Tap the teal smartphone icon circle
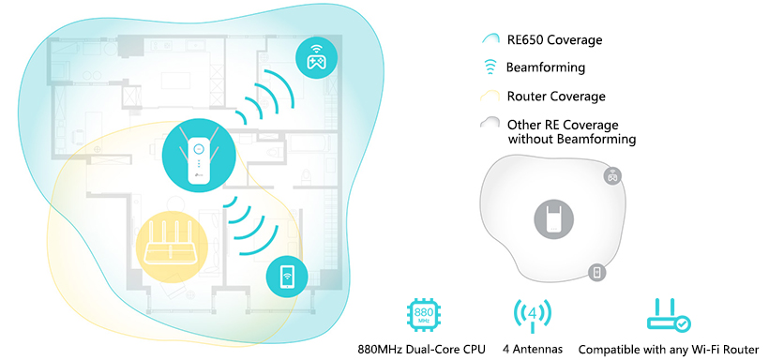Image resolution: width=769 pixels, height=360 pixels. (287, 277)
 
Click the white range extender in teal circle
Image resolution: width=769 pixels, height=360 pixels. (199, 156)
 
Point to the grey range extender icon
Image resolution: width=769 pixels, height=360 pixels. (553, 219)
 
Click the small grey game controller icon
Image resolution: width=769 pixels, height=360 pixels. (612, 175)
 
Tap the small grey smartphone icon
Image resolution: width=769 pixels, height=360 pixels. (596, 272)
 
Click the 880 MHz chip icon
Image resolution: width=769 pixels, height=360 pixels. (424, 314)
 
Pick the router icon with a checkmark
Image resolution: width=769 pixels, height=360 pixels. (669, 315)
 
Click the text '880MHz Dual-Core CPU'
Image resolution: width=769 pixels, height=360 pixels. (421, 350)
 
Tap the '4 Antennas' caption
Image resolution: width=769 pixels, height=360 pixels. (533, 350)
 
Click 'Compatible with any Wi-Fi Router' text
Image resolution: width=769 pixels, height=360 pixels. (669, 350)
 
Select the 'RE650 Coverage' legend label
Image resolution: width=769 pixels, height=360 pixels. (554, 39)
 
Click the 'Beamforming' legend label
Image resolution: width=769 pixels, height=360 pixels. (546, 67)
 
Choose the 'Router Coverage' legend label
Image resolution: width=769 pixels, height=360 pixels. (556, 97)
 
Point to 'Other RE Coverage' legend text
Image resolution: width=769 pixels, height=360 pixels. (563, 125)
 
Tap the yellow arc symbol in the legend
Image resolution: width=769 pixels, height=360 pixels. (490, 97)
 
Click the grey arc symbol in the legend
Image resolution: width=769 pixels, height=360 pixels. (490, 123)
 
